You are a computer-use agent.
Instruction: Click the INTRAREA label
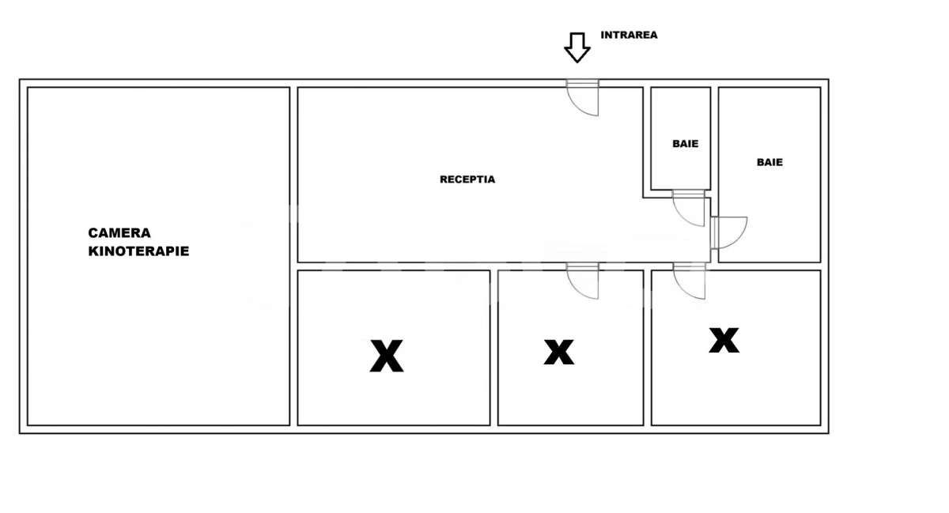[629, 35]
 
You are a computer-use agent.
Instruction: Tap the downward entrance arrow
[577, 47]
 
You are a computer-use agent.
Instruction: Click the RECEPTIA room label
[467, 179]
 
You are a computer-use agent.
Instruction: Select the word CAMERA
[119, 233]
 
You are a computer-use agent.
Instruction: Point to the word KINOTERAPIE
[138, 251]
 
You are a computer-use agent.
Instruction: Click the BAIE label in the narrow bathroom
[686, 144]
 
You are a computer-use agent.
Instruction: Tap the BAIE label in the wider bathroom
[769, 162]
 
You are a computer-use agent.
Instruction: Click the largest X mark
[387, 356]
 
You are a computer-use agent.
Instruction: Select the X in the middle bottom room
[559, 352]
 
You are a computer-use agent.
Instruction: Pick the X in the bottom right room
[724, 340]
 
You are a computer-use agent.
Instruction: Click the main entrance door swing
[583, 98]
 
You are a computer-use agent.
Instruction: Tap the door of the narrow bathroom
[689, 208]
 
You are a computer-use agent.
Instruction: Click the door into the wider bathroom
[729, 232]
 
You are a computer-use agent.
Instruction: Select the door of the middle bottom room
[583, 281]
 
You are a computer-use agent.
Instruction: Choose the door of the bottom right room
[690, 281]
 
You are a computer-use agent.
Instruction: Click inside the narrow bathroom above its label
[680, 112]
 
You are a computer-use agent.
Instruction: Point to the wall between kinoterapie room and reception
[293, 256]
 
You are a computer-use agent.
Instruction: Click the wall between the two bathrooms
[714, 139]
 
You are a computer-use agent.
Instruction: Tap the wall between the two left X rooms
[494, 348]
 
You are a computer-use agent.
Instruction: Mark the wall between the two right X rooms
[648, 348]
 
